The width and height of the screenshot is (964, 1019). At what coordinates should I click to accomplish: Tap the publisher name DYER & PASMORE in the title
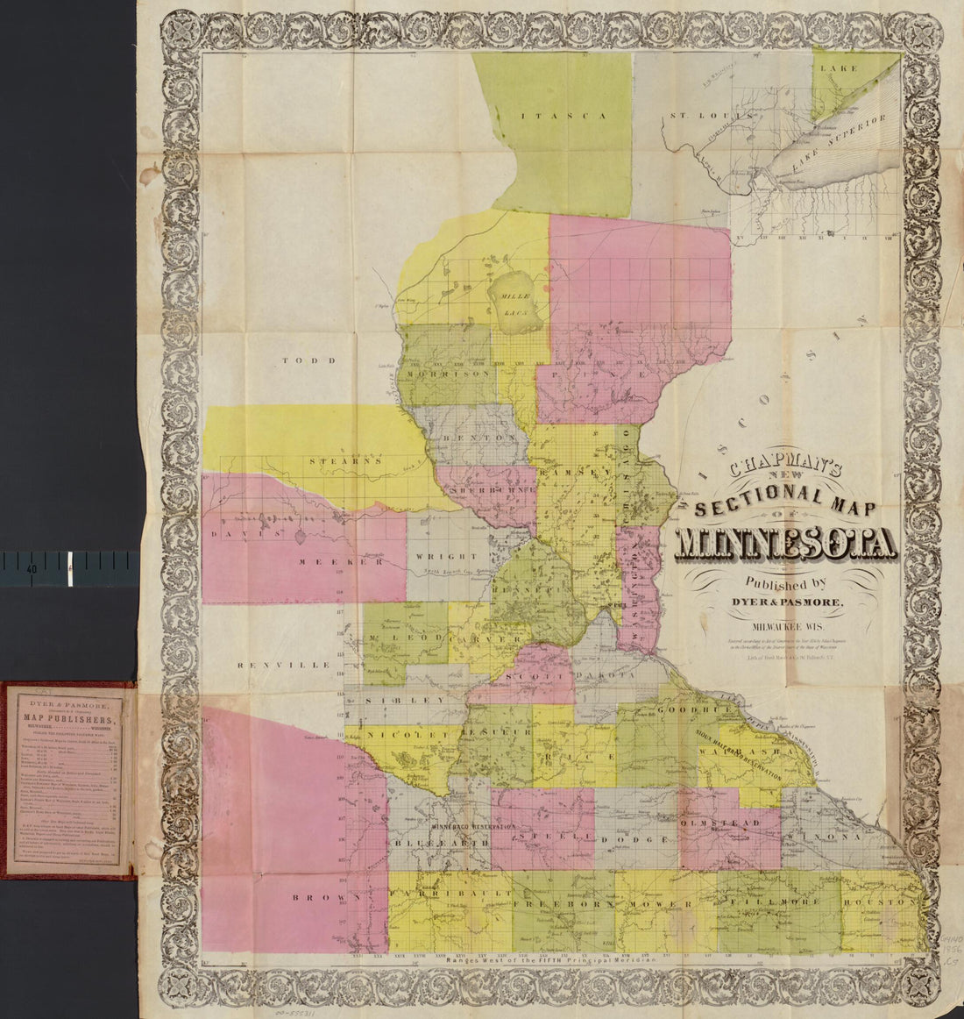794,601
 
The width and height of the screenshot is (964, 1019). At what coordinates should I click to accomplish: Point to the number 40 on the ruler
31,569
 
